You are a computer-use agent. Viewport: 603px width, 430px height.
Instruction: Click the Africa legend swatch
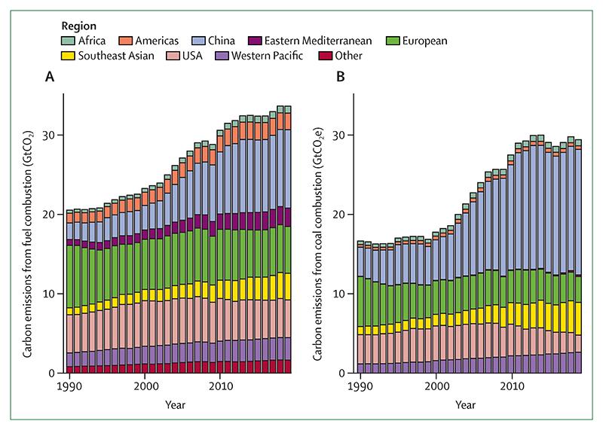coord(67,41)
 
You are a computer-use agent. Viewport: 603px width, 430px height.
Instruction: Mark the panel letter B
coord(340,77)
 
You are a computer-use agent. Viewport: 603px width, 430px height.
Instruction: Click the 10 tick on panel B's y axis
coord(341,294)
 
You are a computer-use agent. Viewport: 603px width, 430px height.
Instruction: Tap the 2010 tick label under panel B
coord(513,386)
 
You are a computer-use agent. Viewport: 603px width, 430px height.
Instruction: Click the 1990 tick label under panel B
coord(360,386)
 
